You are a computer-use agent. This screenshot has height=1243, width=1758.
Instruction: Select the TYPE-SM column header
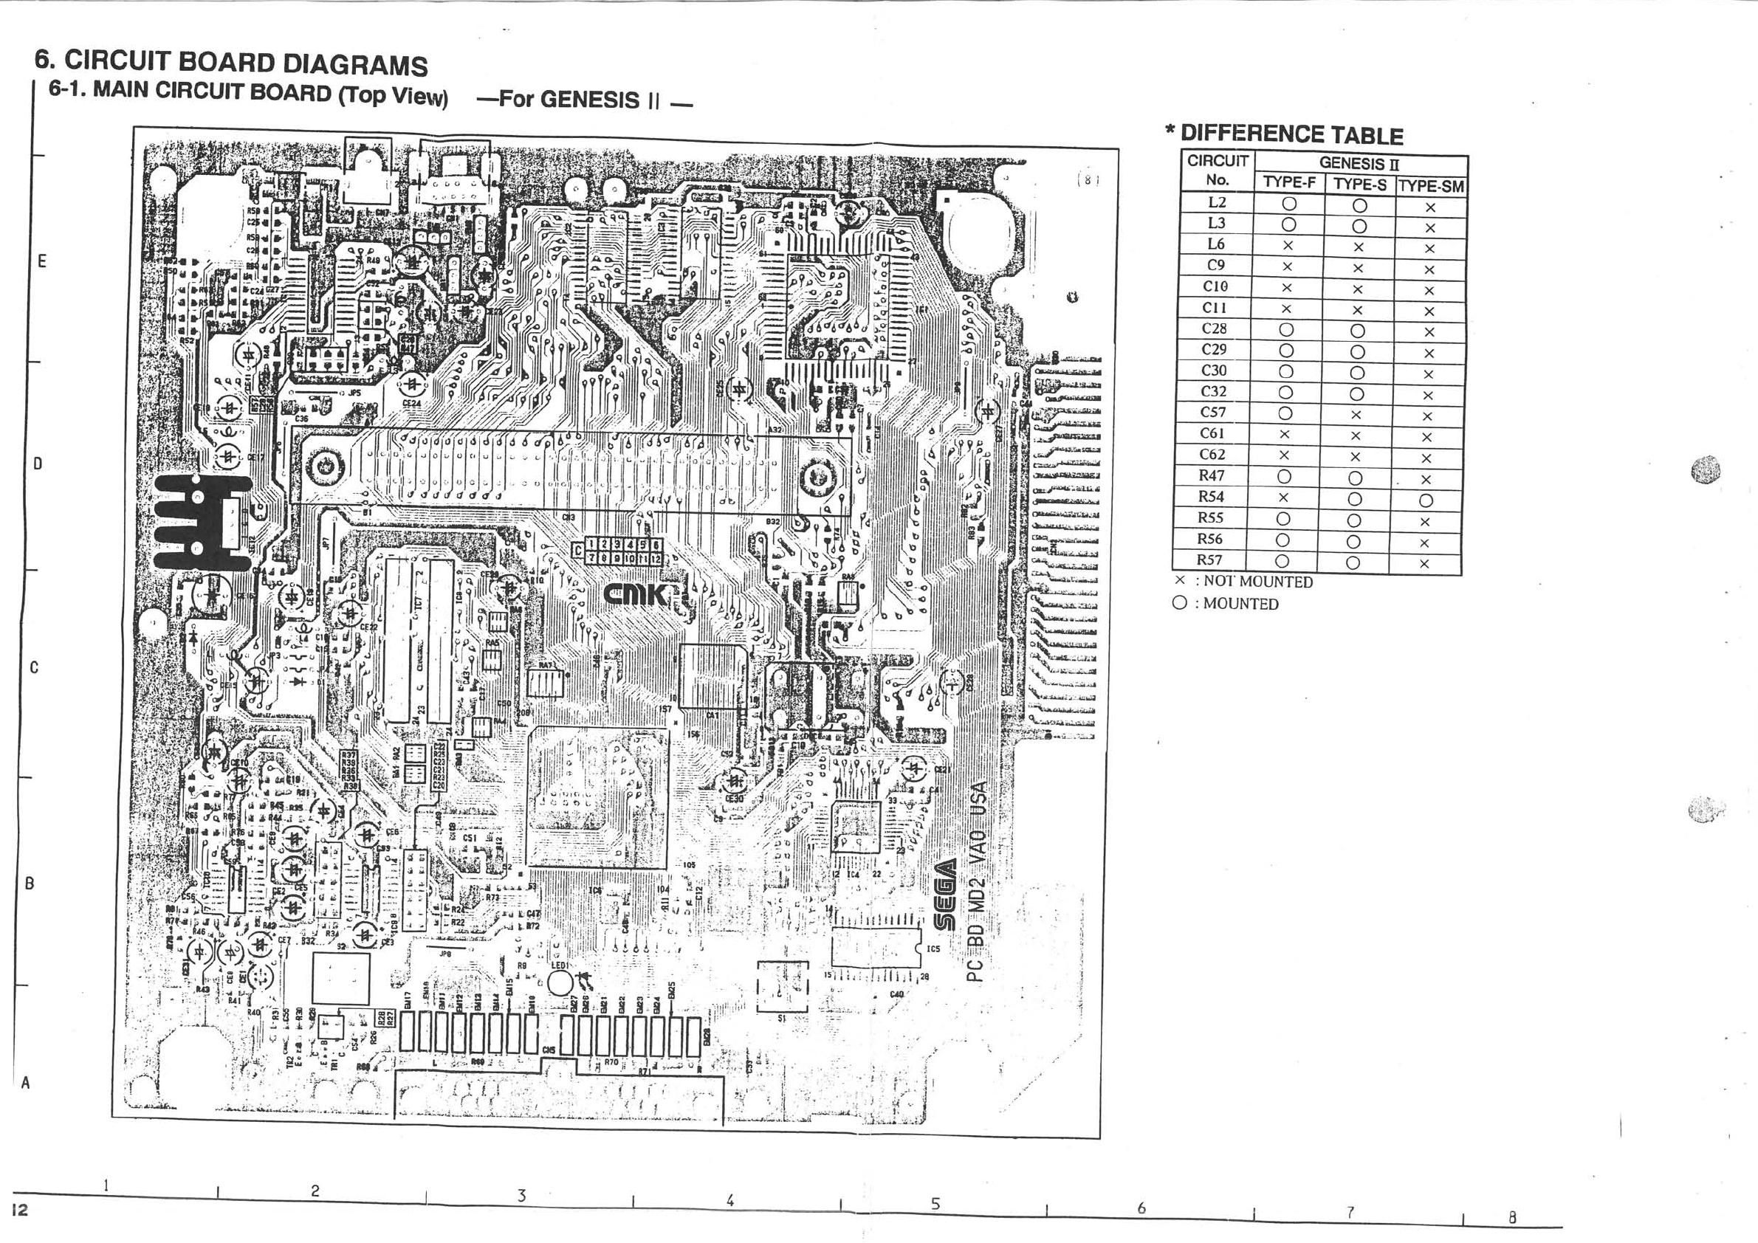pos(1431,186)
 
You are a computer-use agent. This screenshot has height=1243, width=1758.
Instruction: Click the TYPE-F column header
pos(1289,183)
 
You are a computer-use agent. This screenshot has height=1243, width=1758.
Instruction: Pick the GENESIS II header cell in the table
pos(1359,164)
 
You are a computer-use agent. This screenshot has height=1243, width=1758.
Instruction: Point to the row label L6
pos(1216,244)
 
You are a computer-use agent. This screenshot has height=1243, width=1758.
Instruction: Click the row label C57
pos(1213,413)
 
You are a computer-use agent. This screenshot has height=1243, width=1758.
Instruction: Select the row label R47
pos(1212,475)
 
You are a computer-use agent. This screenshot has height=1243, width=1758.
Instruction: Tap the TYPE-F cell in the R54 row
pos(1284,497)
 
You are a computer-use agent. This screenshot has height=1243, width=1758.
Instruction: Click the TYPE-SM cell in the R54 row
pos(1426,500)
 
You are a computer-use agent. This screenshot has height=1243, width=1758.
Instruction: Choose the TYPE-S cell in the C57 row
pos(1356,415)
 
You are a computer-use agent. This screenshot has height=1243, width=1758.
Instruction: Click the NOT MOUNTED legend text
pos(1258,582)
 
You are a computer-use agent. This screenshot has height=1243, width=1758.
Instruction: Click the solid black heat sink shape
pos(201,523)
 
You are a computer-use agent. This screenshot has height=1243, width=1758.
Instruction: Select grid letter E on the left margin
pos(42,261)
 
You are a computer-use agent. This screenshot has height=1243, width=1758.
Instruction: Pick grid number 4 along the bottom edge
pos(729,1201)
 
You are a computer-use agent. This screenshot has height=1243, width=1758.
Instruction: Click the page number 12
pos(20,1210)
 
